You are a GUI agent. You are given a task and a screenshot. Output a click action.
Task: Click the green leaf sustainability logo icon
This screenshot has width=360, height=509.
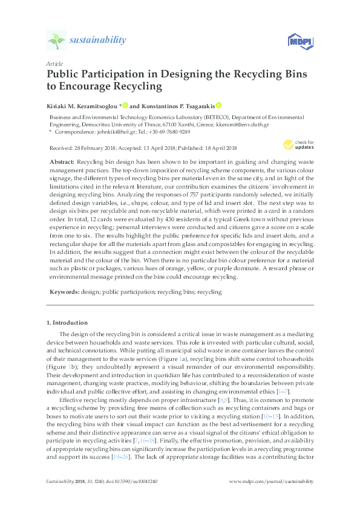pos(56,41)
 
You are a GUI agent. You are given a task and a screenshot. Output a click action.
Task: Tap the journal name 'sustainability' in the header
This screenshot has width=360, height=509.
pos(98,41)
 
